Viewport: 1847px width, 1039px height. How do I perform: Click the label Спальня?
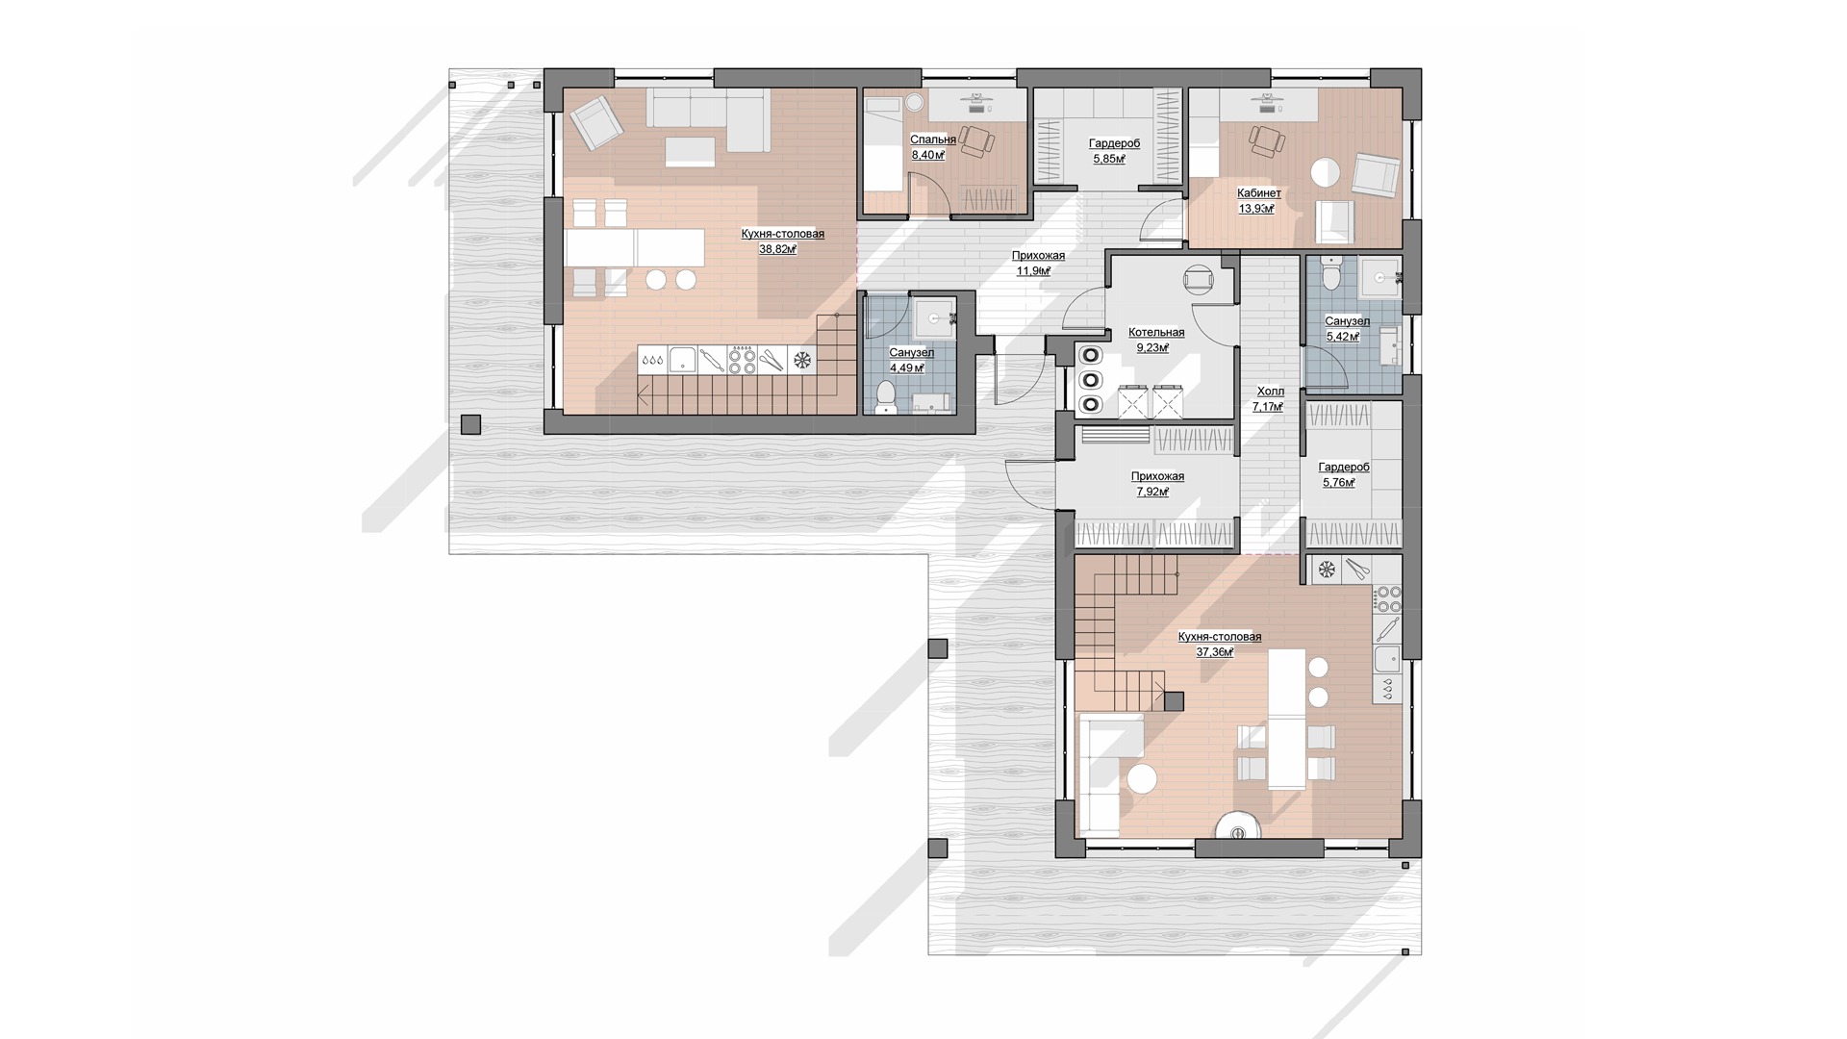(933, 139)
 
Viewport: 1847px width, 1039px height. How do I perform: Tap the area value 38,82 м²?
(778, 249)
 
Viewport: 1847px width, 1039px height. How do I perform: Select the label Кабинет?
(1259, 193)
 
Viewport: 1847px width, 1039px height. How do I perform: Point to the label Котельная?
(1156, 333)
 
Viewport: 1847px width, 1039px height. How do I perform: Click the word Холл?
(1270, 392)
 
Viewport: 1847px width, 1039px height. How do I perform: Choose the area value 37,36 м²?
(1215, 652)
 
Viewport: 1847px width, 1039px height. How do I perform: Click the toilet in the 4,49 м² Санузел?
(887, 396)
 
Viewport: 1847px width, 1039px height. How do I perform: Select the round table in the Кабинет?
(1326, 172)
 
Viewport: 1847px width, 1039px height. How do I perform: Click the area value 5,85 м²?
(1109, 159)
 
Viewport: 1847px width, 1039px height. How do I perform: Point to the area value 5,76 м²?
(1339, 483)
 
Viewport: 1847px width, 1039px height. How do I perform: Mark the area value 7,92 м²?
(1152, 492)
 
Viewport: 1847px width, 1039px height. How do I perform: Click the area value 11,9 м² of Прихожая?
(1034, 271)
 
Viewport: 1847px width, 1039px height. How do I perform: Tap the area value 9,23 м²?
(1152, 348)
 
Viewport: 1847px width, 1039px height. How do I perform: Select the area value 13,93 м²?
(1256, 209)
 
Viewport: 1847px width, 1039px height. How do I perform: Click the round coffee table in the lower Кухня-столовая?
(1142, 778)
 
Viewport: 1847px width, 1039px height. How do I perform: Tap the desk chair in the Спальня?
(978, 141)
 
